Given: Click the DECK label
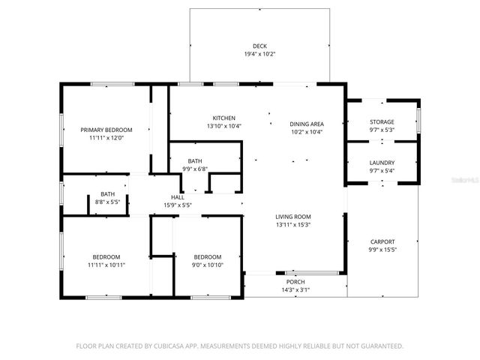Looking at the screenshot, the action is tap(259, 46).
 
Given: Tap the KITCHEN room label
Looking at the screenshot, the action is tap(224, 118).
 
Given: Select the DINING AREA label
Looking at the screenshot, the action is tap(307, 124).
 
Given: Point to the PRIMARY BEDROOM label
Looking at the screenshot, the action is tap(106, 130).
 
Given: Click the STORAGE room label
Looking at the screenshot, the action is tap(382, 121).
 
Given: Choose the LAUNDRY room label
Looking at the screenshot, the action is tap(382, 163).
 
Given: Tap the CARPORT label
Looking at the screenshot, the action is tap(382, 241).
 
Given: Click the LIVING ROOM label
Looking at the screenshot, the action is tap(293, 217).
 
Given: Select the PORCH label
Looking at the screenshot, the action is tap(295, 282).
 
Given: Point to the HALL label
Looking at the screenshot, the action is tap(178, 197).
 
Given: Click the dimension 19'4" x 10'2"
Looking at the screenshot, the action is tap(259, 54).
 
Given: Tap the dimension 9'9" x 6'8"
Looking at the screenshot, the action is tap(195, 169).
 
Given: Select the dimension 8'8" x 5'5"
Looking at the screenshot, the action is tap(107, 202).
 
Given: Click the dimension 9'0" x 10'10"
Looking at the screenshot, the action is tap(208, 265).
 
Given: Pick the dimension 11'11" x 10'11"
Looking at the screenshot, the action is tap(106, 265).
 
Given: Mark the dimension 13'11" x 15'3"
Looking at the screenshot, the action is tap(293, 225).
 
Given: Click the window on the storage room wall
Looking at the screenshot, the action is tap(418, 120).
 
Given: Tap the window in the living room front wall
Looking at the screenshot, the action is tap(312, 273).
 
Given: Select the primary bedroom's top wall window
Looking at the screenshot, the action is tap(112, 84).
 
